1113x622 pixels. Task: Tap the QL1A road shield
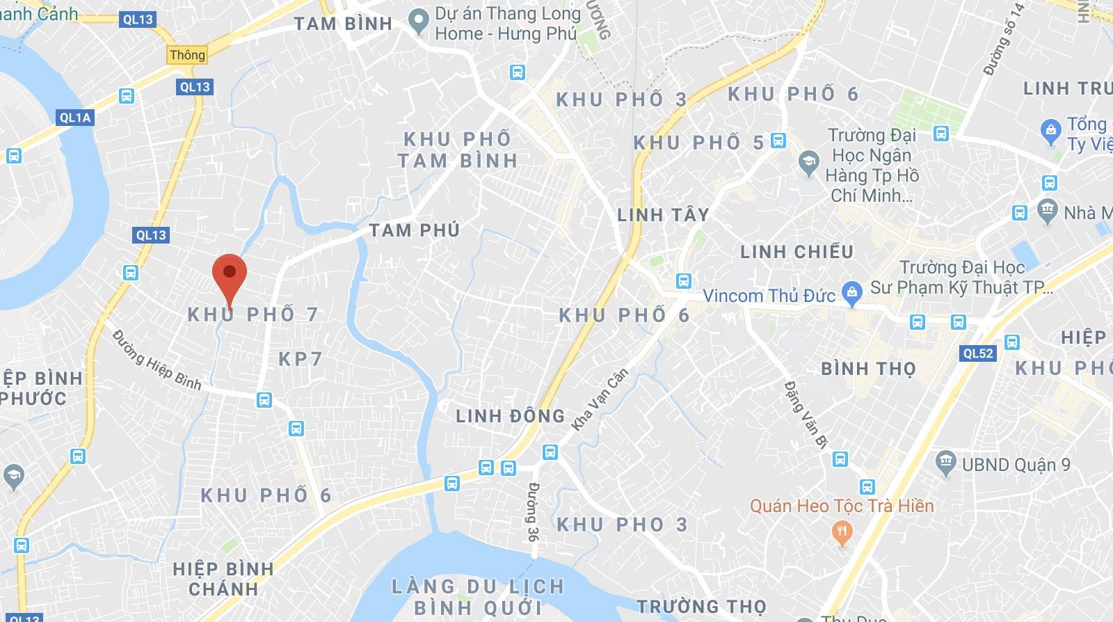75,117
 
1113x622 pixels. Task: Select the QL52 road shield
978,353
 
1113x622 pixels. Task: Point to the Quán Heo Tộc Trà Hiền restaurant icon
842,532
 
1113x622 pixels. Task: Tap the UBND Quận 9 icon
945,463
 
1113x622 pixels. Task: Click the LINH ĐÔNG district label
510,416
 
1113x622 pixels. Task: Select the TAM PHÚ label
414,230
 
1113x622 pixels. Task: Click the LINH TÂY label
663,215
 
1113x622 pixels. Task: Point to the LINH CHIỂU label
796,251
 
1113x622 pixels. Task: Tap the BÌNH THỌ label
868,368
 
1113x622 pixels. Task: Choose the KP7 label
301,359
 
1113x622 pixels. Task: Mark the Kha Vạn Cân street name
600,399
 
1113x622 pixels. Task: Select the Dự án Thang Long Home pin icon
418,22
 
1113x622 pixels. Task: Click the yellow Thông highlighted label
188,55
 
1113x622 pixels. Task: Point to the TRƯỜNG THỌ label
701,607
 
